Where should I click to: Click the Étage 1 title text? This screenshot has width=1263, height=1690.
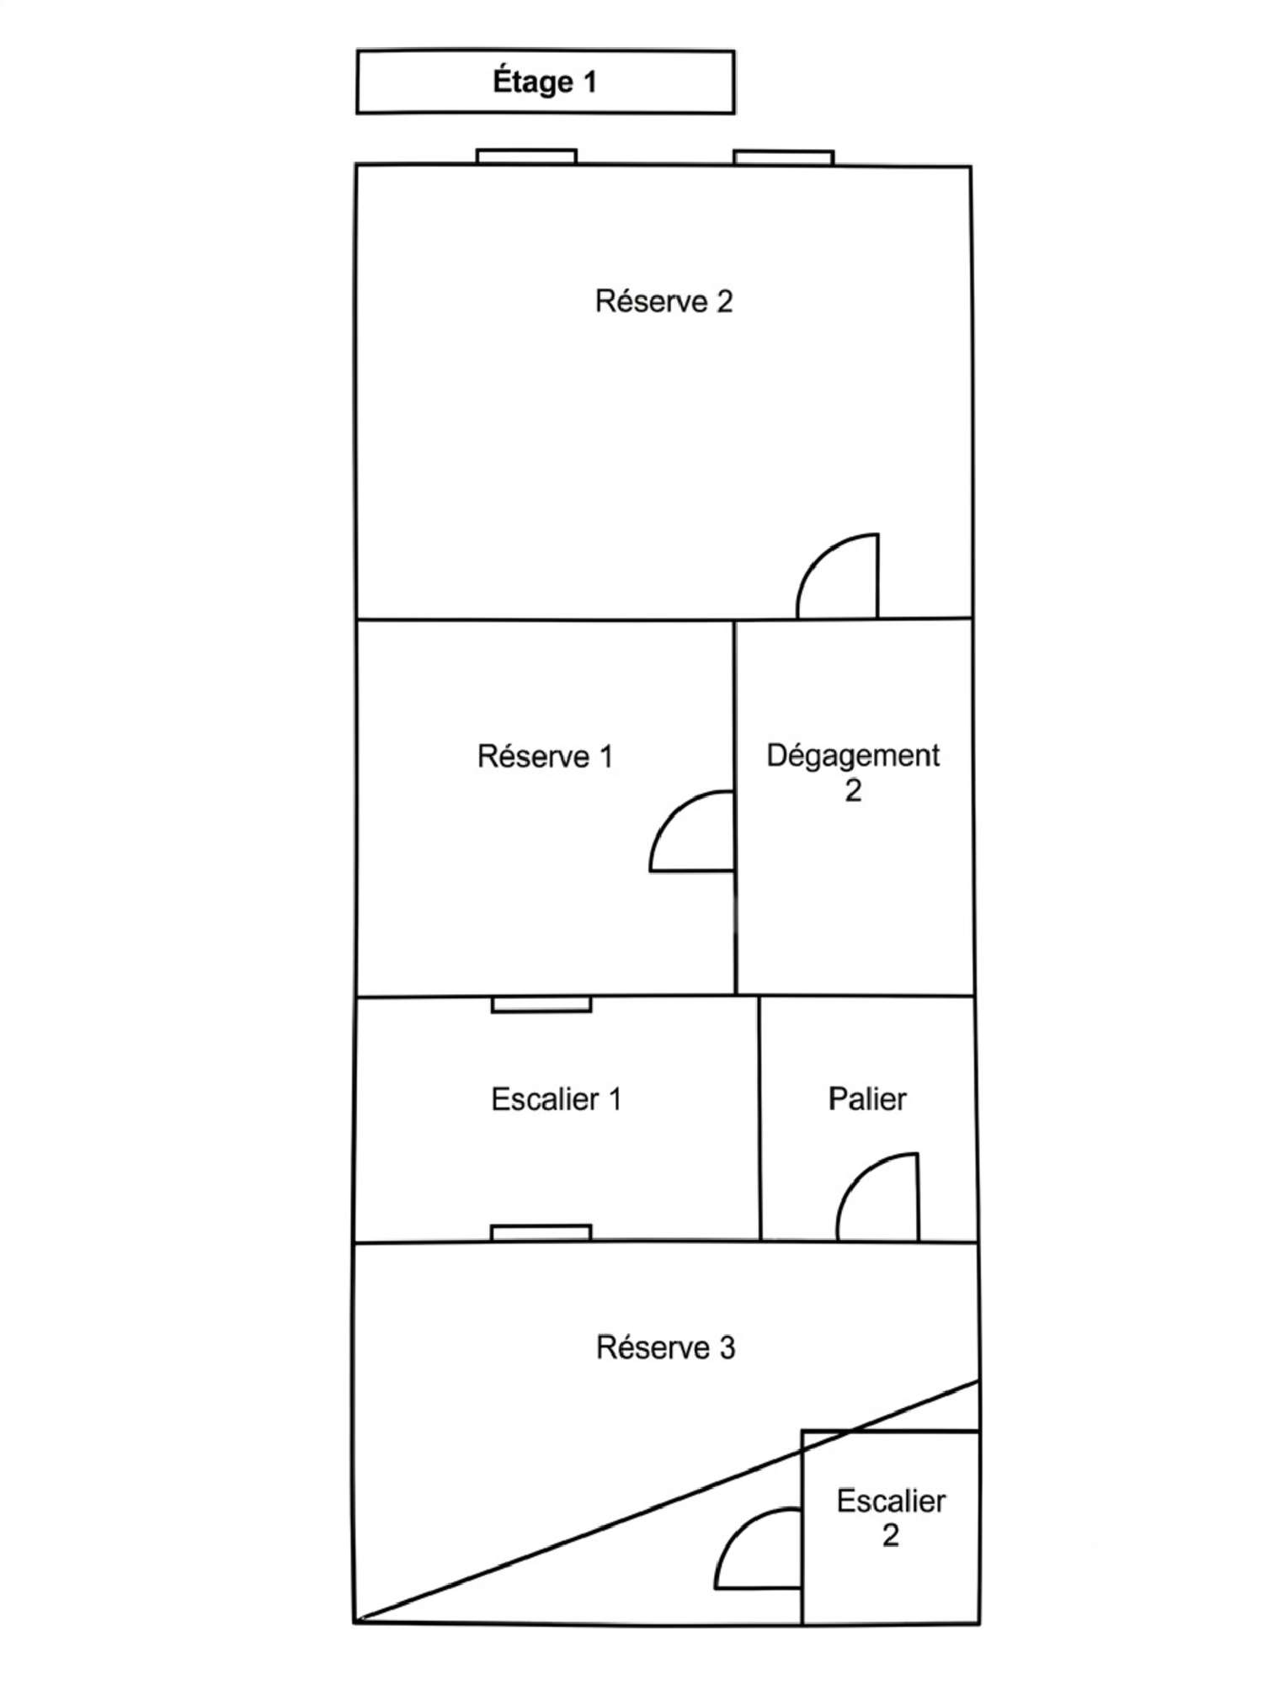(x=545, y=82)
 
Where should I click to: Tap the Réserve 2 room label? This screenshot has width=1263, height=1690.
(x=663, y=301)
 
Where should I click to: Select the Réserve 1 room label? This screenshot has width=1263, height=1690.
(x=545, y=756)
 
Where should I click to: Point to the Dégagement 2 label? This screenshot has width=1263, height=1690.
(x=853, y=773)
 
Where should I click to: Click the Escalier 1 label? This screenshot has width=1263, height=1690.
(x=556, y=1098)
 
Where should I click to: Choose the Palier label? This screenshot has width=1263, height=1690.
(x=867, y=1098)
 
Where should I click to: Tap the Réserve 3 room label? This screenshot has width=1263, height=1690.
(x=665, y=1347)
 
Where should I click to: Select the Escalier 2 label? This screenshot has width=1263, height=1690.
(x=891, y=1518)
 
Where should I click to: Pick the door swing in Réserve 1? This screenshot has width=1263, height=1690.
(x=669, y=812)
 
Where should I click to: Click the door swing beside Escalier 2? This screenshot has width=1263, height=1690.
(x=735, y=1529)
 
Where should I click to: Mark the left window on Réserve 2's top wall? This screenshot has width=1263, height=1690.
(x=526, y=157)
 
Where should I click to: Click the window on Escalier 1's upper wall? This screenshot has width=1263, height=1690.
(x=541, y=1005)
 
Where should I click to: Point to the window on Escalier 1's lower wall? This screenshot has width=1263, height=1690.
(x=541, y=1232)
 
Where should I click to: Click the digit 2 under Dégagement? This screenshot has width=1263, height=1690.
(x=853, y=791)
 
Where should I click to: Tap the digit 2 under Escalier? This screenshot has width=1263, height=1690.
(x=891, y=1536)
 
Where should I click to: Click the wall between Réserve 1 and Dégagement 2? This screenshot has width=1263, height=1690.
(x=735, y=808)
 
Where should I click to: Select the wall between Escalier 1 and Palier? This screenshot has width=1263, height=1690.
(x=759, y=1119)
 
